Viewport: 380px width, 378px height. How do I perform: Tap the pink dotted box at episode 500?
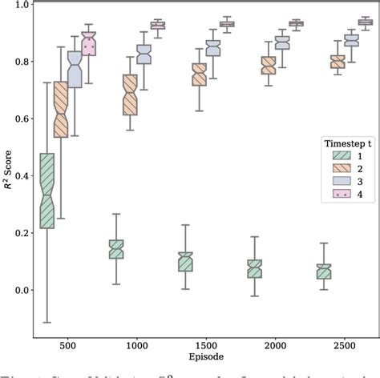point(88,45)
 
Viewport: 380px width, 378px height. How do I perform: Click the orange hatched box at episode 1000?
point(130,94)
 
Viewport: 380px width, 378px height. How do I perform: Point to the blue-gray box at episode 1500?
point(213,48)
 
